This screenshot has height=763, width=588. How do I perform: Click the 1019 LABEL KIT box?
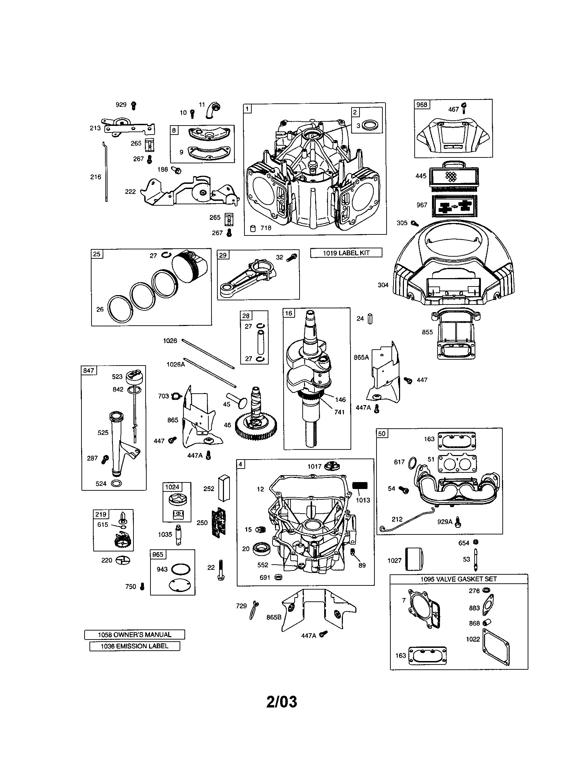[346, 252]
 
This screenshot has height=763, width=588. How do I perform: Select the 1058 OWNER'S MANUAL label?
[135, 634]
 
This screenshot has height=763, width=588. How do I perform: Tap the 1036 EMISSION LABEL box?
[135, 646]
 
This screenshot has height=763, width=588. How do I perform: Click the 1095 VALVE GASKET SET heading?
[458, 579]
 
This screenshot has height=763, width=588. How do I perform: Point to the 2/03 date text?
[282, 701]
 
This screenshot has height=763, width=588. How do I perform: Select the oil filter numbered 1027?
[414, 559]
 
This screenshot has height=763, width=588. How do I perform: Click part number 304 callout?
[383, 285]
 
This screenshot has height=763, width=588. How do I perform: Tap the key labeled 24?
[370, 319]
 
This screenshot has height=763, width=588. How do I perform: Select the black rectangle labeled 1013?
[360, 486]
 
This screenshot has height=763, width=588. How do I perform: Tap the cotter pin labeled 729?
[254, 610]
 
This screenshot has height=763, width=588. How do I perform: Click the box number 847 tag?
[89, 370]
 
